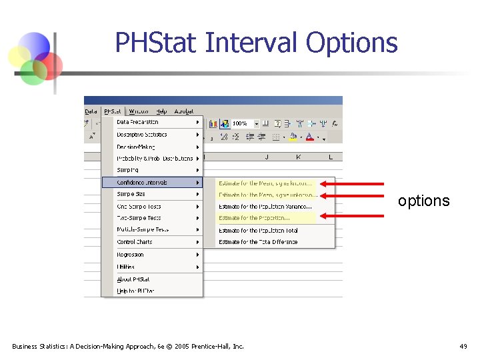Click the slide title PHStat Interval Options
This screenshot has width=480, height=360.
256,43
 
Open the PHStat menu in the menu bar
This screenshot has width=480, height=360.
113,111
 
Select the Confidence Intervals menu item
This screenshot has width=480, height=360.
142,182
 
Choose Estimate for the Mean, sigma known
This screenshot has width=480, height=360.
265,183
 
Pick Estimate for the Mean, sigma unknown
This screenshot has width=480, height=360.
267,195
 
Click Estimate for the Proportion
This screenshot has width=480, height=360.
254,218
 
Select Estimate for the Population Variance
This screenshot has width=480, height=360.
265,207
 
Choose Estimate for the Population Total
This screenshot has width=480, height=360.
258,231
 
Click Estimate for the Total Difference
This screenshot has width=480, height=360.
258,242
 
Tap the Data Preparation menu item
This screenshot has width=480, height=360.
137,122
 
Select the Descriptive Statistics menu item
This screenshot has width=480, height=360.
142,135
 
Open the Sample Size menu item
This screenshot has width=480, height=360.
131,194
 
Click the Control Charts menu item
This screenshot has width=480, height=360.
135,242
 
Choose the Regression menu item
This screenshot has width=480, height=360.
130,255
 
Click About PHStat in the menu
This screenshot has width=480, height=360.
133,279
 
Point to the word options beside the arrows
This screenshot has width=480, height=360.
423,201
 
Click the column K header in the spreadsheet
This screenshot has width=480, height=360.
298,157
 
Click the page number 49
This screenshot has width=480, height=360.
463,346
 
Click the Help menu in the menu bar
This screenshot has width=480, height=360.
162,111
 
